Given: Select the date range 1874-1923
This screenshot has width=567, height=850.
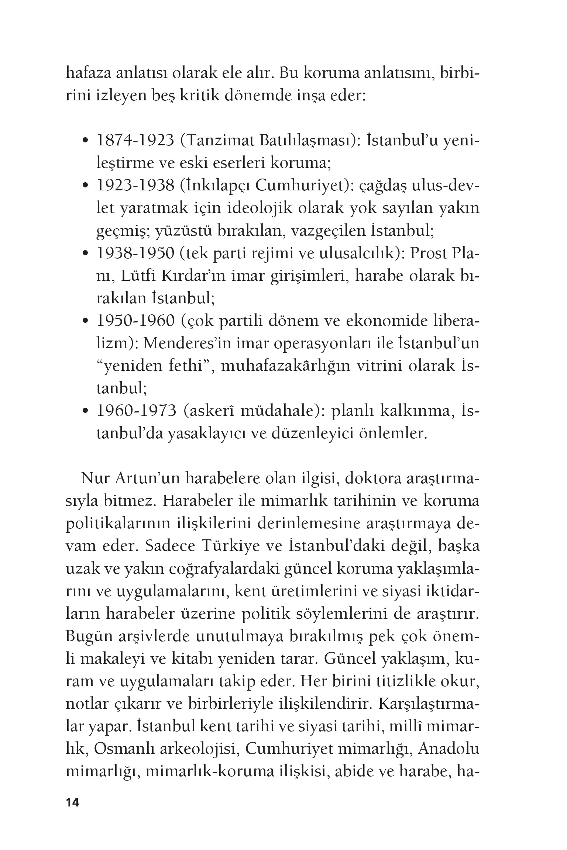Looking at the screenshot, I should point(135,141).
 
